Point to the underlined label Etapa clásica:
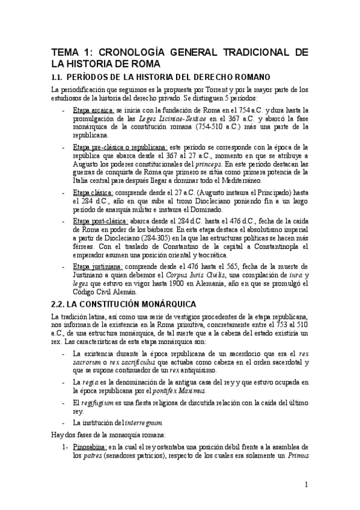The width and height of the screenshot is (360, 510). (x=89, y=192)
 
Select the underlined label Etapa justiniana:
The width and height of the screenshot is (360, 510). (x=95, y=266)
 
